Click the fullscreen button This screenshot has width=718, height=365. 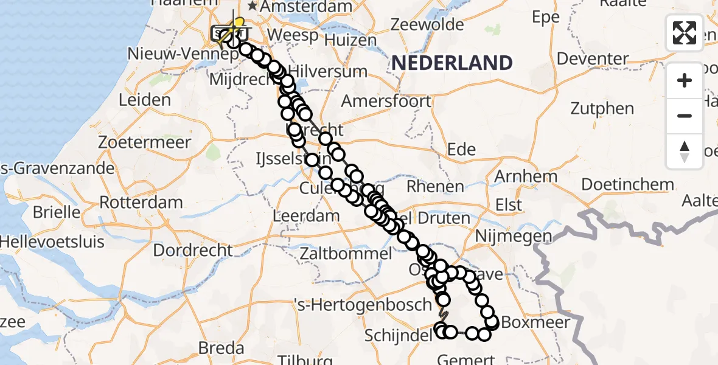tap(685, 33)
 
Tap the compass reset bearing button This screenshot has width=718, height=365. tap(685, 151)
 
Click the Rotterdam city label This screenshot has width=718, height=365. tap(142, 202)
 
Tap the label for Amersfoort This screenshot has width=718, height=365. tap(386, 101)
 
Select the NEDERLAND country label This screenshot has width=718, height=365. tap(451, 63)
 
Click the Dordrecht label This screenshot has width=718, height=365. tap(193, 250)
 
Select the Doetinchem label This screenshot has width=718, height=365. tap(628, 184)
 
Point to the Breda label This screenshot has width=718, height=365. tap(222, 348)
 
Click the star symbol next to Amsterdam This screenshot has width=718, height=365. tap(252, 6)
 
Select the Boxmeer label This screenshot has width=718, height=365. tap(535, 322)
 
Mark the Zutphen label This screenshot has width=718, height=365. tap(602, 109)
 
